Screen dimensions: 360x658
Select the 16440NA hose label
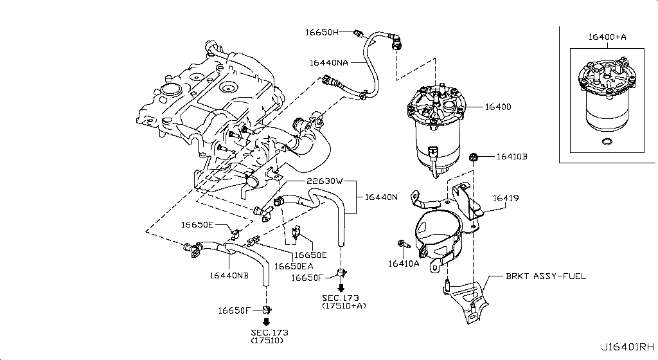click(x=328, y=63)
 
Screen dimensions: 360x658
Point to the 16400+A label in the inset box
click(x=607, y=37)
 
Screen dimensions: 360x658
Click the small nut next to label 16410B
click(x=474, y=156)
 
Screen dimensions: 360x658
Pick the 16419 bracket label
click(x=506, y=199)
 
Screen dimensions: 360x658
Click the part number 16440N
click(x=381, y=197)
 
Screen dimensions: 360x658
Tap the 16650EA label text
click(x=294, y=265)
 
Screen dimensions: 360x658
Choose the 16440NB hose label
click(x=228, y=276)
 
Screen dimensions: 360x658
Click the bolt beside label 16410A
click(x=403, y=245)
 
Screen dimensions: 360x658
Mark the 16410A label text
click(x=403, y=263)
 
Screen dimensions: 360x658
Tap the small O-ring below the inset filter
click(x=605, y=141)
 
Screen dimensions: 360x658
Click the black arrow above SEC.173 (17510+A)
click(x=341, y=289)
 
